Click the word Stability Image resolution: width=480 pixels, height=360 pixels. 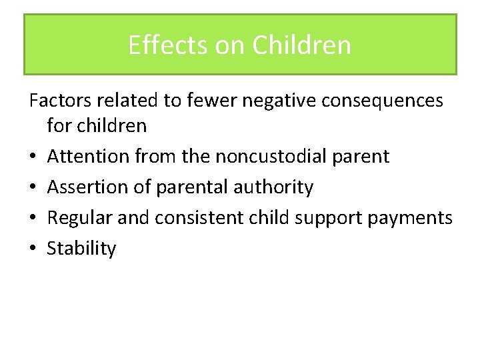(x=81, y=249)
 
